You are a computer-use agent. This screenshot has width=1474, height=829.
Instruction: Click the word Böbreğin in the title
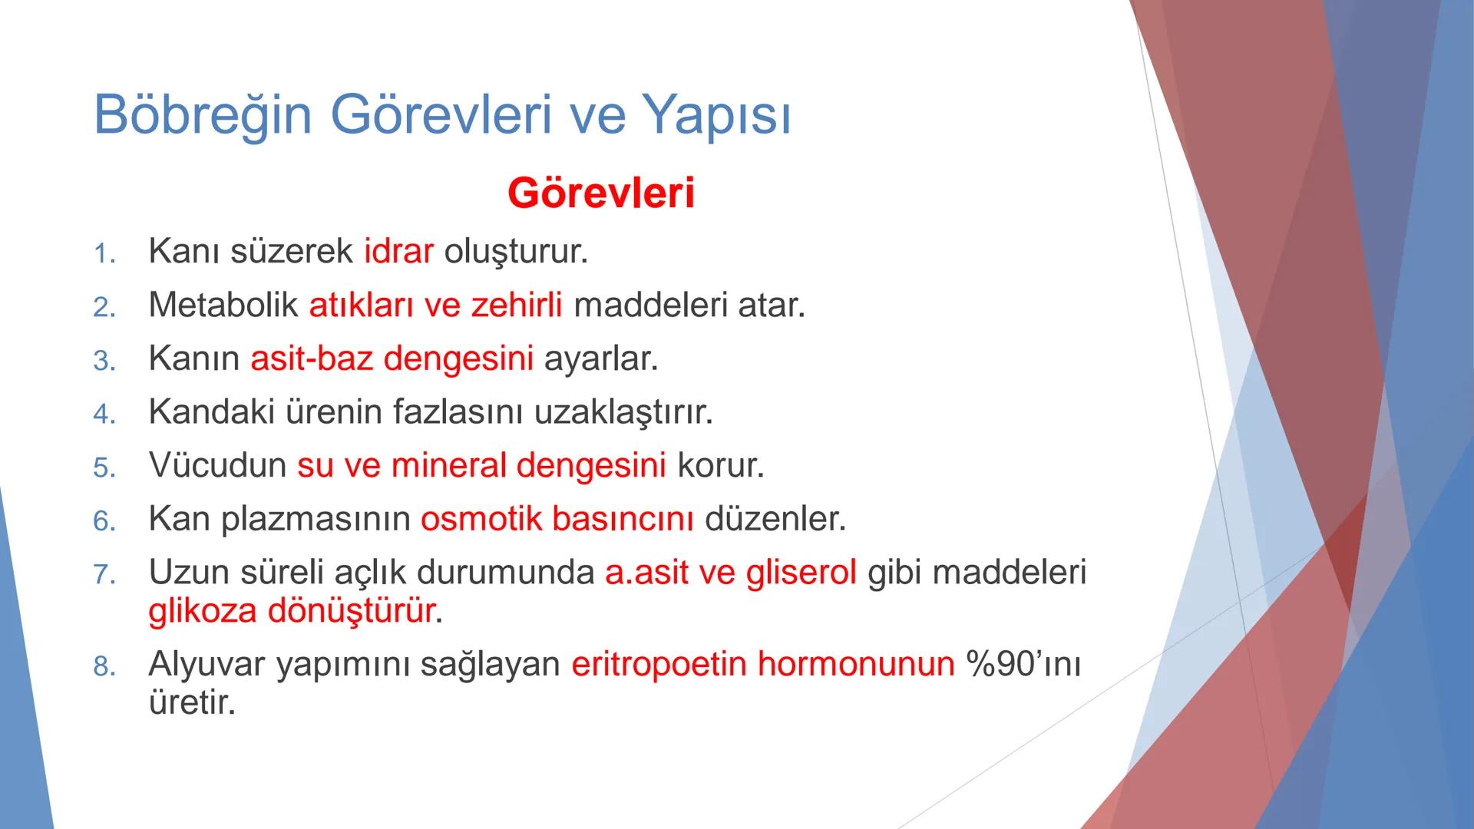click(x=203, y=115)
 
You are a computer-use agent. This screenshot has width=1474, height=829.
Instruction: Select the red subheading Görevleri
click(x=600, y=193)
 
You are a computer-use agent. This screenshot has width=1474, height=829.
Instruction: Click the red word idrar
click(x=398, y=252)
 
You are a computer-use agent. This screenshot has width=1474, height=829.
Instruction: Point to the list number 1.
click(x=104, y=254)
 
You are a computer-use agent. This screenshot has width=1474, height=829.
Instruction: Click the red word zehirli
click(x=516, y=306)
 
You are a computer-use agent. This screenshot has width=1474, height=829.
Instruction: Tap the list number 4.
click(x=104, y=414)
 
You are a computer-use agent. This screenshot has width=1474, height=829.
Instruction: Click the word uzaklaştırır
click(x=623, y=412)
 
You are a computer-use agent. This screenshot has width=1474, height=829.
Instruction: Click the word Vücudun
click(x=217, y=466)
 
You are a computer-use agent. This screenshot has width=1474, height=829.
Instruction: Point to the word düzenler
click(x=775, y=520)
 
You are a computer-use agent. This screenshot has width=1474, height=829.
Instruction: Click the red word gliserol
click(x=801, y=573)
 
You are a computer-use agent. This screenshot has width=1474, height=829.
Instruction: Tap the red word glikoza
click(x=202, y=611)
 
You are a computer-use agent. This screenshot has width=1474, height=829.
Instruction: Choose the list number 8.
click(x=104, y=667)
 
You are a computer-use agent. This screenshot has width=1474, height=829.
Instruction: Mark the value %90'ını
click(x=1023, y=664)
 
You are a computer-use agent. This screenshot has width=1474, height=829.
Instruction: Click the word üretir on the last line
click(x=191, y=702)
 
